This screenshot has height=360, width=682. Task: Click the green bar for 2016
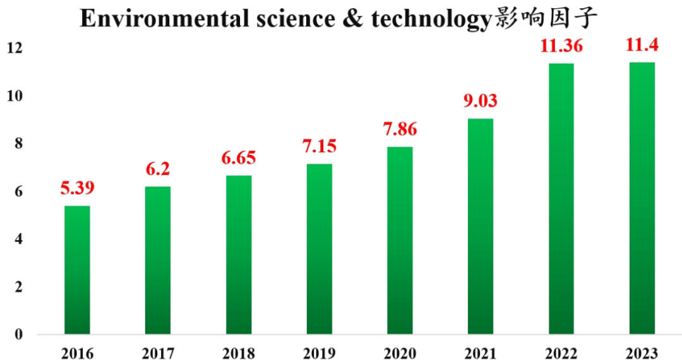point(77,270)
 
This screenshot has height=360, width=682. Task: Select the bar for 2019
point(319,249)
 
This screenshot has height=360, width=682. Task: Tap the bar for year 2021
point(481,226)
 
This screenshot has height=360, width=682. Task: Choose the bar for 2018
point(239,255)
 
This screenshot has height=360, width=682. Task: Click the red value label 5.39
point(77,188)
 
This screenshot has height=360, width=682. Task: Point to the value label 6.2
point(157,169)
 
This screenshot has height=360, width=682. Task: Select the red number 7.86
point(400,129)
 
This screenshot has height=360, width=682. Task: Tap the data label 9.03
point(481,100)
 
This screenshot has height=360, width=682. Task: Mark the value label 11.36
point(561,45)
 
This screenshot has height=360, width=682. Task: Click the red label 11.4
point(642,45)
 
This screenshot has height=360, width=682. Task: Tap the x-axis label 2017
point(157,352)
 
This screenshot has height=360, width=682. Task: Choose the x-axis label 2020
point(400,352)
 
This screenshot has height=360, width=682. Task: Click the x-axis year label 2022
point(561,352)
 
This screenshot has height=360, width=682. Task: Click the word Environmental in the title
point(169,20)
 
